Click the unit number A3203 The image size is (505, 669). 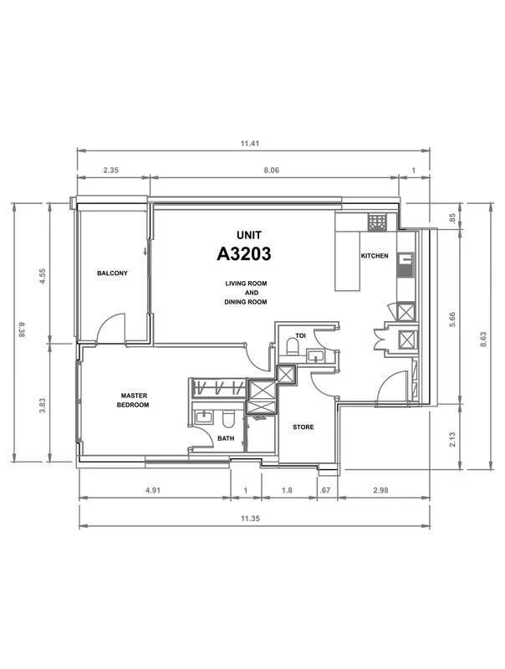coord(243,254)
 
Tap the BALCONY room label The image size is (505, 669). coord(112,273)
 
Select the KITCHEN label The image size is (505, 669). coord(375,256)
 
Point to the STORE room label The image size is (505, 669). coord(304,426)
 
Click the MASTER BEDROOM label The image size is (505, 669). coord(133,401)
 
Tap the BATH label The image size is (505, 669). coord(226,438)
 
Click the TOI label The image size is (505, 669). coord(301,336)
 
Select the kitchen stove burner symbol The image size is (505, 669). coord(376,222)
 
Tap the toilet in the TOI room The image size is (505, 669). coord(292,347)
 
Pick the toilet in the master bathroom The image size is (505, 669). coord(228,419)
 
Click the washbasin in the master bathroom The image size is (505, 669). coord(204,416)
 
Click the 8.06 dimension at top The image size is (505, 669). coord(271,170)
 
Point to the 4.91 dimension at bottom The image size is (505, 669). coord(153,490)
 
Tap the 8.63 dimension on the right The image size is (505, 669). coord(483,340)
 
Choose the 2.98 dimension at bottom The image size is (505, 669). coord(380,490)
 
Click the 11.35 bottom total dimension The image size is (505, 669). coord(250,518)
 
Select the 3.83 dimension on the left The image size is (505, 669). coord(42,406)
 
